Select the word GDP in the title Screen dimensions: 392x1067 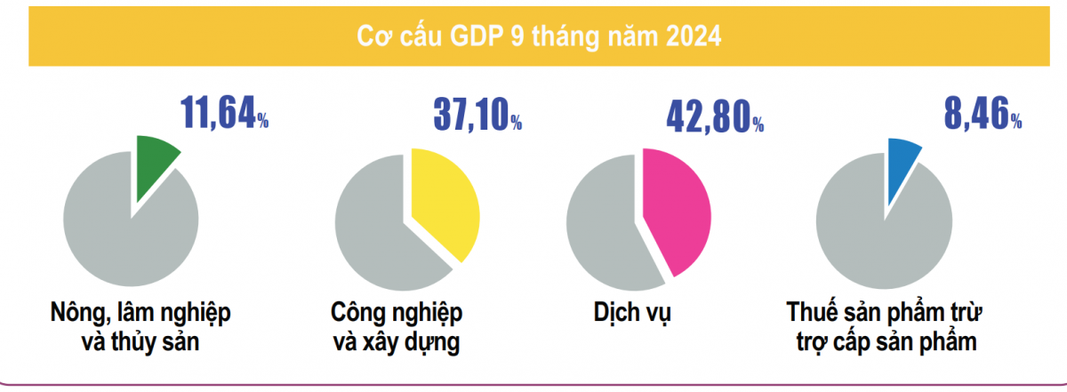(481, 38)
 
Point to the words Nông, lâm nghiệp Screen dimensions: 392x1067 (141, 314)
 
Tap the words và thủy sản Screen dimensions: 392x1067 (141, 343)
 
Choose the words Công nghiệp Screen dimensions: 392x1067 (396, 314)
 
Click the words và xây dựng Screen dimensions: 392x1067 (396, 343)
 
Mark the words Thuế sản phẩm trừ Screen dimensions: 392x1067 (885, 314)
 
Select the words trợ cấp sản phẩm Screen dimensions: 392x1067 (885, 343)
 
